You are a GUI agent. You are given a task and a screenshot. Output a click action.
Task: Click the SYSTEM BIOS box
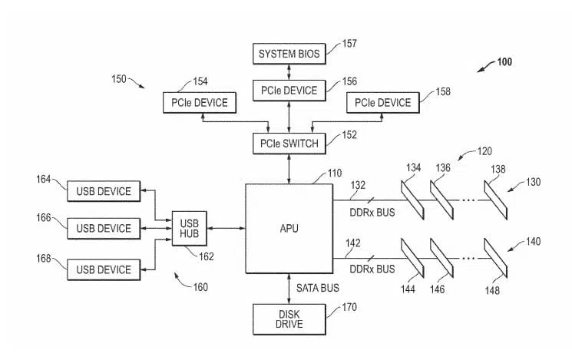tap(289, 54)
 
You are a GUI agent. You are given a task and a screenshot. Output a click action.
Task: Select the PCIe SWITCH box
tap(289, 144)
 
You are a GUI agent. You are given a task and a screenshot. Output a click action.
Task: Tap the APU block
tap(289, 229)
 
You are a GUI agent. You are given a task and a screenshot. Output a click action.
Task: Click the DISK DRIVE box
tap(289, 319)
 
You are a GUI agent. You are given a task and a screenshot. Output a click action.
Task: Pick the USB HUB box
tap(190, 228)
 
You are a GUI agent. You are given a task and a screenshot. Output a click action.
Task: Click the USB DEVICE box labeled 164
tap(104, 191)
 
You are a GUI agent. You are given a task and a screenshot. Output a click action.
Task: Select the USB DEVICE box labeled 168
tap(104, 270)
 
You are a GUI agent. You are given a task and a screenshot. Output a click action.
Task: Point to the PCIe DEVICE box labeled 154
tap(200, 103)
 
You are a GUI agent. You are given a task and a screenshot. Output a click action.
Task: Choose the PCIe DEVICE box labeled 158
tap(382, 103)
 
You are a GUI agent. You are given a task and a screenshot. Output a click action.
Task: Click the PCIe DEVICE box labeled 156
tap(289, 91)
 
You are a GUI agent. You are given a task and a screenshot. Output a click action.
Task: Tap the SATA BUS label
tap(318, 288)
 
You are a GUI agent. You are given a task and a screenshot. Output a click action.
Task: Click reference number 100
tap(504, 61)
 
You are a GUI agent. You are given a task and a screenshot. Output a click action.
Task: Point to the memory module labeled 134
tap(412, 200)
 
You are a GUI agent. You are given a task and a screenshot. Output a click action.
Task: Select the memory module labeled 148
tap(496, 258)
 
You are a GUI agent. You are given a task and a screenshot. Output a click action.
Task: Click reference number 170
tap(349, 308)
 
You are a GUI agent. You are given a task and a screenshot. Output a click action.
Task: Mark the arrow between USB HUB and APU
tap(226, 228)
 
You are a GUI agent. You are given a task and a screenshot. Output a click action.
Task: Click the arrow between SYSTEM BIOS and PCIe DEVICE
tap(289, 72)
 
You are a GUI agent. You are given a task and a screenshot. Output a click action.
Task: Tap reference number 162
tap(206, 257)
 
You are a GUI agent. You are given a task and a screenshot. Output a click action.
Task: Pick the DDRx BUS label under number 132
tap(372, 213)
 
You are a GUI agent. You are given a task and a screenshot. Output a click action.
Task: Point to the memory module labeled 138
tap(496, 200)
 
